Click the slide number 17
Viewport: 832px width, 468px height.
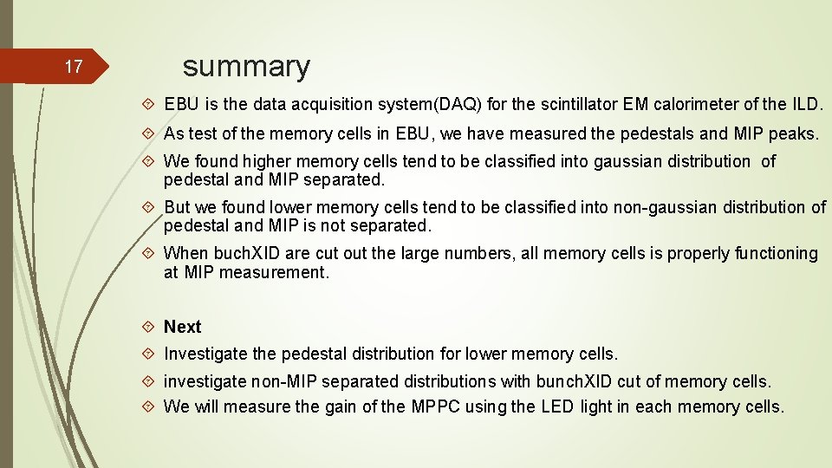point(75,67)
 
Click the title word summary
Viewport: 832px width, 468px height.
point(246,66)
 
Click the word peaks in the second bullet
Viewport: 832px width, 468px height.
point(792,133)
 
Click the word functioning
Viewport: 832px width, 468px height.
point(776,253)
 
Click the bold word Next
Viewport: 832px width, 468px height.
point(182,327)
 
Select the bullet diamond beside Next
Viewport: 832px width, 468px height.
point(149,327)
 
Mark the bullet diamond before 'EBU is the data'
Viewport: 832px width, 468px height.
point(149,105)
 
